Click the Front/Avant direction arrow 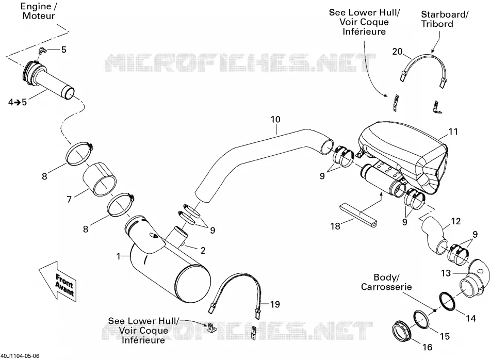tap(58, 281)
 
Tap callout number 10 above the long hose tap(275, 119)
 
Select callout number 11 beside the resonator tap(453, 132)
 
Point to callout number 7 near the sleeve tap(70, 199)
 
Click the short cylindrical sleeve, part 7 tap(100, 179)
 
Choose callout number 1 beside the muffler tap(119, 256)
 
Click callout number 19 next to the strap tap(275, 304)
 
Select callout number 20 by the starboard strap tap(397, 52)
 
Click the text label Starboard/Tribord tap(445, 19)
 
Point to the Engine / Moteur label tap(39, 11)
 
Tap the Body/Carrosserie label tap(386, 282)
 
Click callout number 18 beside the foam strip tap(335, 226)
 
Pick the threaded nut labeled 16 tap(402, 332)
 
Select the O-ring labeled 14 tap(448, 302)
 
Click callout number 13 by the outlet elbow tap(446, 273)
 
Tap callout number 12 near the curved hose tap(456, 221)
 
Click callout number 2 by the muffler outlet tap(203, 250)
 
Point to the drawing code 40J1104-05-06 tap(20, 356)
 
